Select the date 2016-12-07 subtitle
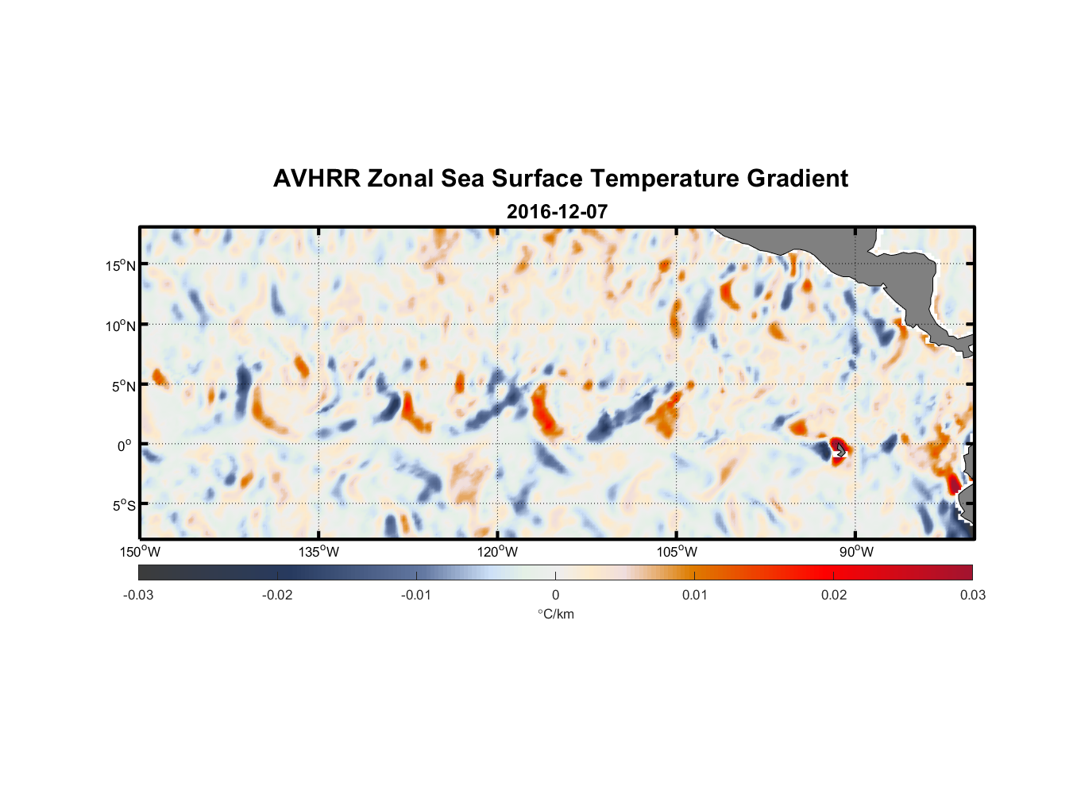[557, 212]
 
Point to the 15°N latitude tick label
[121, 265]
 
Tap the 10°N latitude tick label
[121, 326]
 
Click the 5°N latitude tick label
[124, 386]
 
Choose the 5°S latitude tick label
[124, 506]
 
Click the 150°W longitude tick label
[141, 552]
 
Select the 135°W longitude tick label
[319, 552]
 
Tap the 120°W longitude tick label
[498, 552]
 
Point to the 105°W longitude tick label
[677, 552]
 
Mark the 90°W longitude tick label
[855, 552]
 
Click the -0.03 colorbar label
[138, 595]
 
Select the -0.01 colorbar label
[416, 595]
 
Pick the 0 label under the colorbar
[555, 595]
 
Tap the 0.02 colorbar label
[834, 595]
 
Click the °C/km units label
[555, 614]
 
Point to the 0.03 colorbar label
[972, 595]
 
